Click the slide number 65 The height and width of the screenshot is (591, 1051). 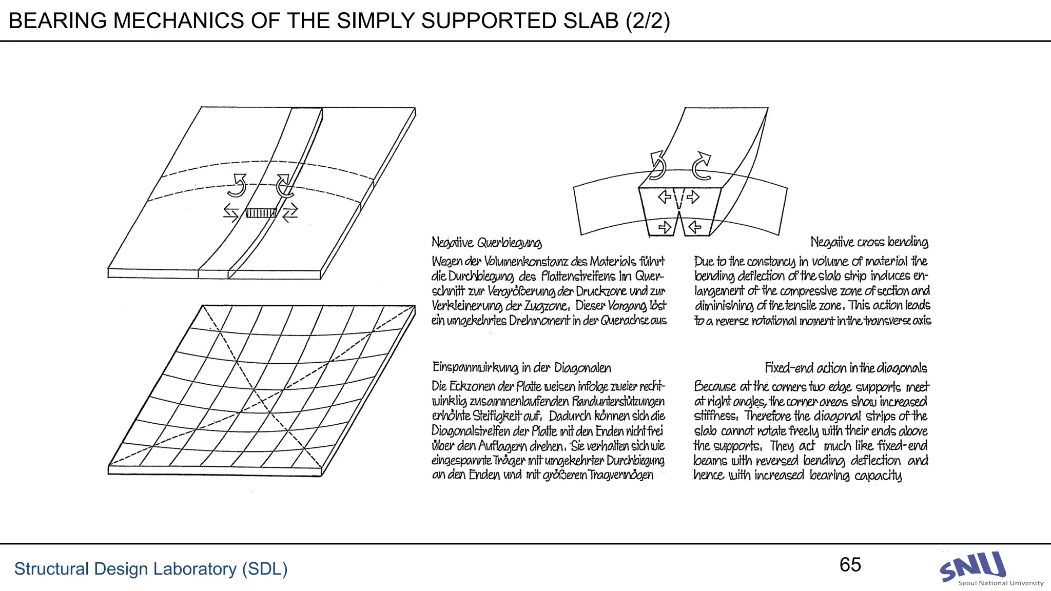click(850, 565)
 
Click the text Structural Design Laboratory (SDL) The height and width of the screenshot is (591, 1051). click(150, 569)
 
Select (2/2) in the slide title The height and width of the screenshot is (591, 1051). click(648, 21)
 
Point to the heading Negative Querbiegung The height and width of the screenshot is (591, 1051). click(486, 242)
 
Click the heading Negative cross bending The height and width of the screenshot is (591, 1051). click(869, 242)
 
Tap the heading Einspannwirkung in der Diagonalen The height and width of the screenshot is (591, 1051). click(521, 368)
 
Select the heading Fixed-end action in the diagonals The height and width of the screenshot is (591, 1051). click(846, 368)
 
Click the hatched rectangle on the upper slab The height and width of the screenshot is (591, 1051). click(261, 212)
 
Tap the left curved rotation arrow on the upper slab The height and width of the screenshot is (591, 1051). click(238, 185)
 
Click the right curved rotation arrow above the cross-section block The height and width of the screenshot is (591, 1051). click(702, 166)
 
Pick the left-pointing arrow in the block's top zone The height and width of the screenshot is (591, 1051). click(665, 196)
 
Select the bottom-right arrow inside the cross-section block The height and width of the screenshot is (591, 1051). click(695, 227)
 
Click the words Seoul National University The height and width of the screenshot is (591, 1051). click(1000, 583)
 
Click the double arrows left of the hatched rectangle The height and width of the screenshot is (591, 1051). click(231, 212)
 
